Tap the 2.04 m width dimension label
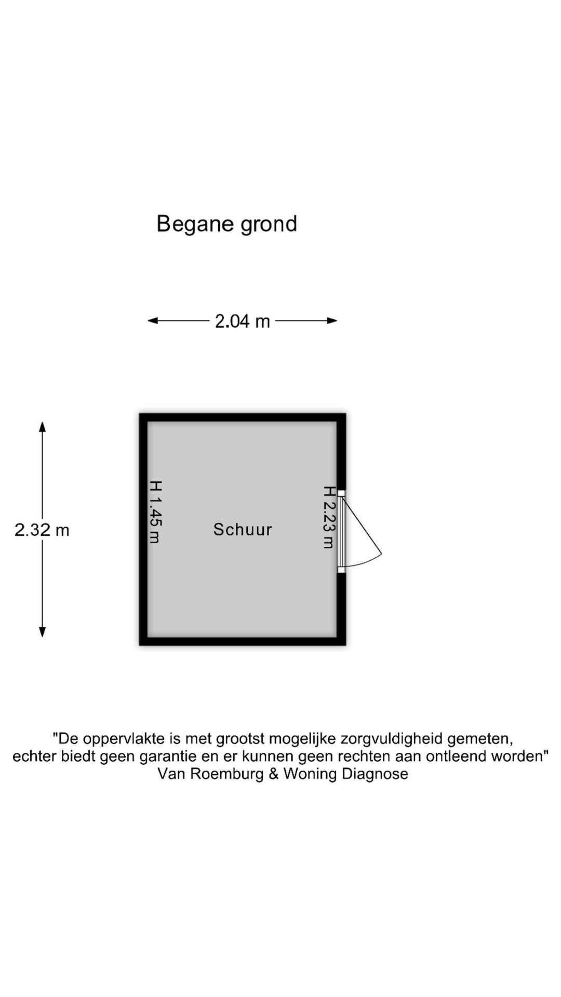243,321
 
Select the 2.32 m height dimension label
42,530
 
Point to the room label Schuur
243,530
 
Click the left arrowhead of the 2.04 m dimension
153,321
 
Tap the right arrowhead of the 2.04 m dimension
332,321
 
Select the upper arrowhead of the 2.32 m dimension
43,426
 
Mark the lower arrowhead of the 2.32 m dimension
43,632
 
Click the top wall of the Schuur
243,417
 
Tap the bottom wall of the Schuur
243,641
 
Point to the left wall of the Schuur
143,529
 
